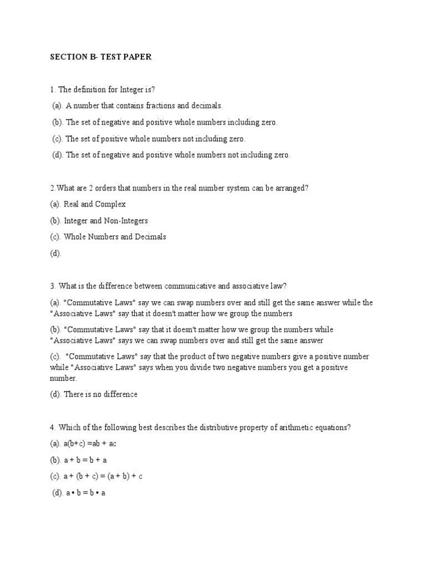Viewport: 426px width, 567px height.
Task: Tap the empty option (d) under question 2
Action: tap(55, 253)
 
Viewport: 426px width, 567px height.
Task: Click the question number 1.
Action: tap(52, 90)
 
